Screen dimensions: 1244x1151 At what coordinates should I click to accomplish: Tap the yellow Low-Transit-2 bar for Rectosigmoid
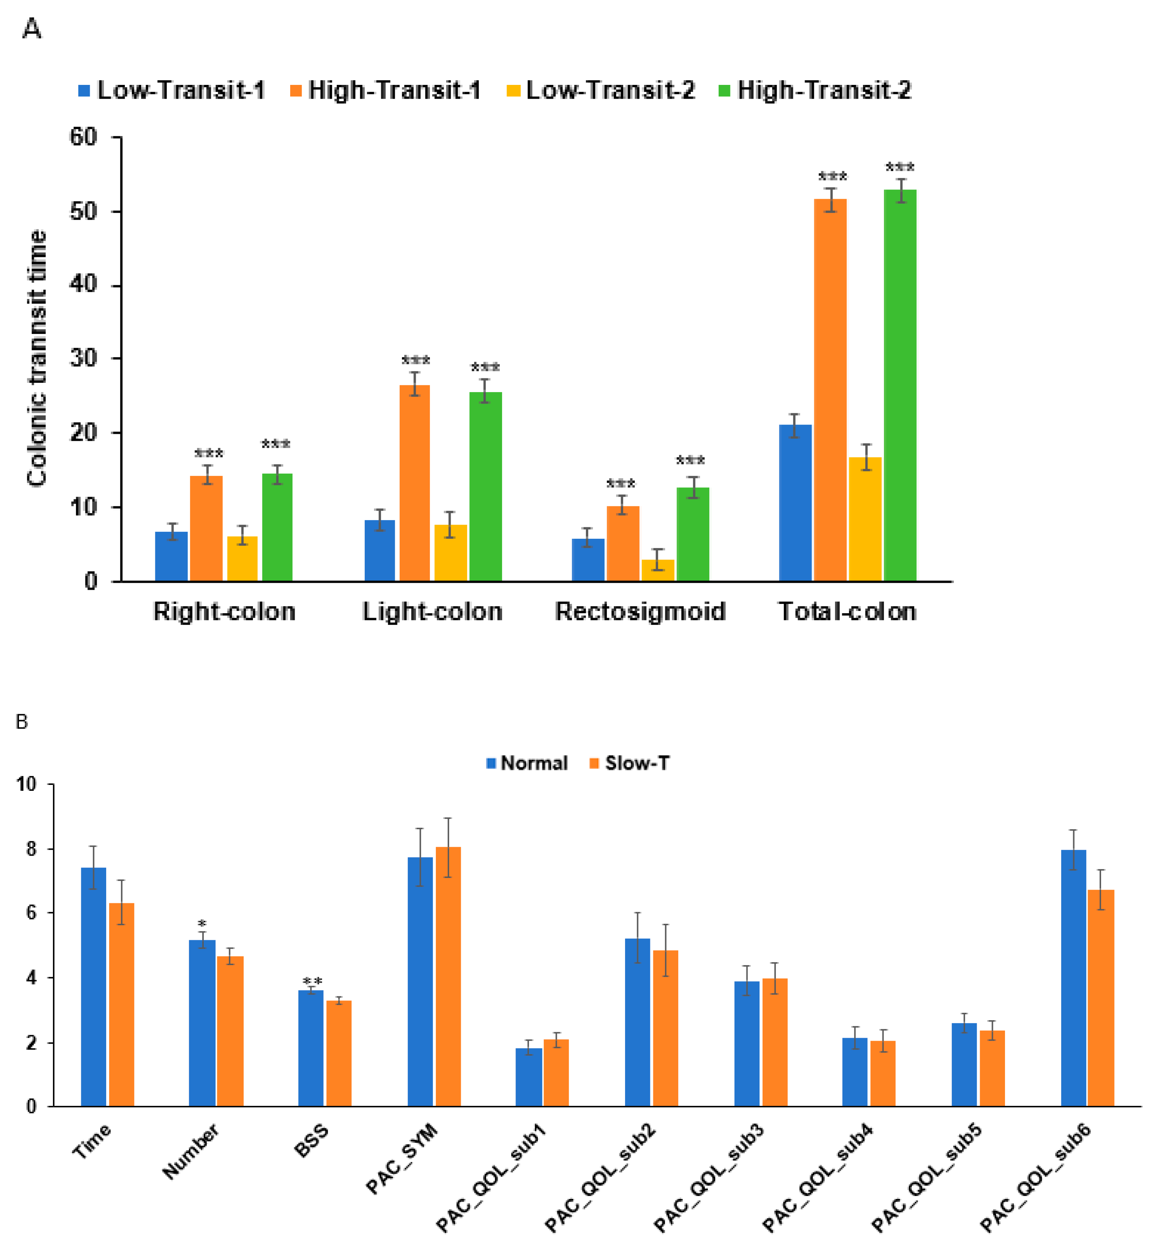click(658, 570)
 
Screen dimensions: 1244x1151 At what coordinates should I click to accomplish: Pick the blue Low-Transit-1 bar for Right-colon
click(171, 556)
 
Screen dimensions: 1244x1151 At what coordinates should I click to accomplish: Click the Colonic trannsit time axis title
click(37, 358)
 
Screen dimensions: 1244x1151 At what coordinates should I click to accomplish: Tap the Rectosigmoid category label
click(640, 611)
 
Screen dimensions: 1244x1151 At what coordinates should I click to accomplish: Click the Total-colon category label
click(847, 611)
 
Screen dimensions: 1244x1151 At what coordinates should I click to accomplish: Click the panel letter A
click(31, 29)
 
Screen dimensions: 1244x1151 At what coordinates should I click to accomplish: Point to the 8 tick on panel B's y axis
click(31, 849)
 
